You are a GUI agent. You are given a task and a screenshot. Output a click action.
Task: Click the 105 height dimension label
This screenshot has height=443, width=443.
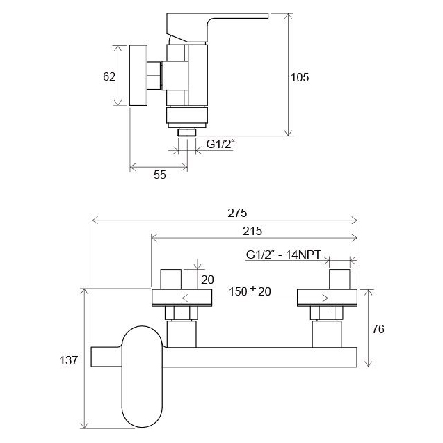[x=300, y=77]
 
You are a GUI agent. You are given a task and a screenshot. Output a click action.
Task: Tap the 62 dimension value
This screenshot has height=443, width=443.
[x=109, y=76]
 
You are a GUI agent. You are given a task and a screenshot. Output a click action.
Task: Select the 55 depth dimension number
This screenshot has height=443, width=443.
[x=160, y=175]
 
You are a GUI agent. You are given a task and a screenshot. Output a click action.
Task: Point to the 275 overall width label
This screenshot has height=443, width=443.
[x=237, y=213]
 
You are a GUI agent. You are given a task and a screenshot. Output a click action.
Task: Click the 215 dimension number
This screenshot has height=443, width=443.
[x=252, y=231]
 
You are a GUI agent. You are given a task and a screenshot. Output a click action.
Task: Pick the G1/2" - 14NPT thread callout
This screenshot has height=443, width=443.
[x=284, y=255]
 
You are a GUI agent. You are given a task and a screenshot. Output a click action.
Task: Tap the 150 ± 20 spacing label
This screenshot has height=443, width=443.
[x=250, y=291]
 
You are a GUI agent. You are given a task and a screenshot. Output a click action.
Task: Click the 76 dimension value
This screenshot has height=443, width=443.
[x=378, y=329]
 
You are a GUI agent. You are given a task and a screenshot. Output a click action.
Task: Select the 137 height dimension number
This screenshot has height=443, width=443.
[x=68, y=360]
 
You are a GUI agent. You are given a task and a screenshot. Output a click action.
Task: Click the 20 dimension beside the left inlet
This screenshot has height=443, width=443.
[x=207, y=280]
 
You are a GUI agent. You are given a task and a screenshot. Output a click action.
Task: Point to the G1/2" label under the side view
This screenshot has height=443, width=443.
[x=220, y=144]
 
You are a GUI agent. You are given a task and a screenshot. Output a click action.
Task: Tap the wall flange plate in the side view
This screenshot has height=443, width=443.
[x=138, y=75]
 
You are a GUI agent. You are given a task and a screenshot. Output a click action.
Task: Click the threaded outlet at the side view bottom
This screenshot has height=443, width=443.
[x=187, y=132]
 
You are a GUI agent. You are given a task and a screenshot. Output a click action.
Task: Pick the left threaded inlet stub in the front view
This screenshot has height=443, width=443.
[x=171, y=279]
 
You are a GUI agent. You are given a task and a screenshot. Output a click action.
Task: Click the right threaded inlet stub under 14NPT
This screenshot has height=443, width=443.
[x=339, y=279]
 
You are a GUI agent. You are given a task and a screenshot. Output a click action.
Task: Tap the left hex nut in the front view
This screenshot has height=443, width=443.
[x=182, y=313]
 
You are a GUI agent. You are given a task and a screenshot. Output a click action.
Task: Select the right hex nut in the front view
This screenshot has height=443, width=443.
[x=327, y=313]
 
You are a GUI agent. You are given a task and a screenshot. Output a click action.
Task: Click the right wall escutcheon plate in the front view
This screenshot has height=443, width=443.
[x=327, y=298]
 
